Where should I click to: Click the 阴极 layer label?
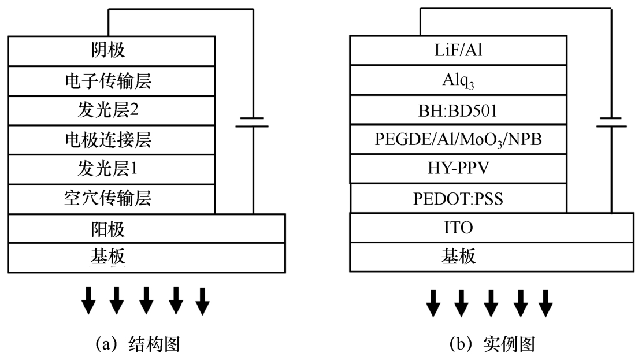(x=108, y=50)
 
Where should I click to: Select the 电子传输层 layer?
(x=108, y=80)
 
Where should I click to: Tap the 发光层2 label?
(x=108, y=110)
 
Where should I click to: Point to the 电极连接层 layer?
(x=108, y=139)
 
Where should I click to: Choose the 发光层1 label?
(x=108, y=169)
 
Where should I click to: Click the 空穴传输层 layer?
(x=108, y=199)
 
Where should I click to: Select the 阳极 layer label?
(x=108, y=229)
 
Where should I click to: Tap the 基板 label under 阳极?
(x=108, y=258)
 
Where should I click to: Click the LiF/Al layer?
(x=459, y=51)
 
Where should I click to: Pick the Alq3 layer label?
(x=459, y=81)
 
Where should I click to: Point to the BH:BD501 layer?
(x=459, y=110)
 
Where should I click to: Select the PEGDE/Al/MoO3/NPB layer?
(x=459, y=140)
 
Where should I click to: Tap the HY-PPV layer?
(x=459, y=170)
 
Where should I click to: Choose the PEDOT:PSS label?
(x=459, y=199)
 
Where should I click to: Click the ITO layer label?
(x=459, y=229)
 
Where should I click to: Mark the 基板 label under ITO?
(x=459, y=258)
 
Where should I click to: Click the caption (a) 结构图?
(x=138, y=344)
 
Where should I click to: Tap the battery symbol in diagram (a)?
(x=253, y=122)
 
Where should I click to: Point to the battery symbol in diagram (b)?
(x=612, y=122)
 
